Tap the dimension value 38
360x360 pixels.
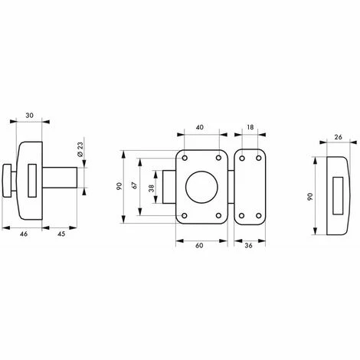click(x=152, y=188)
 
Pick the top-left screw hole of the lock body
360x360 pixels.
click(x=185, y=158)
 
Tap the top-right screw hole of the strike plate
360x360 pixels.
click(x=259, y=159)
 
